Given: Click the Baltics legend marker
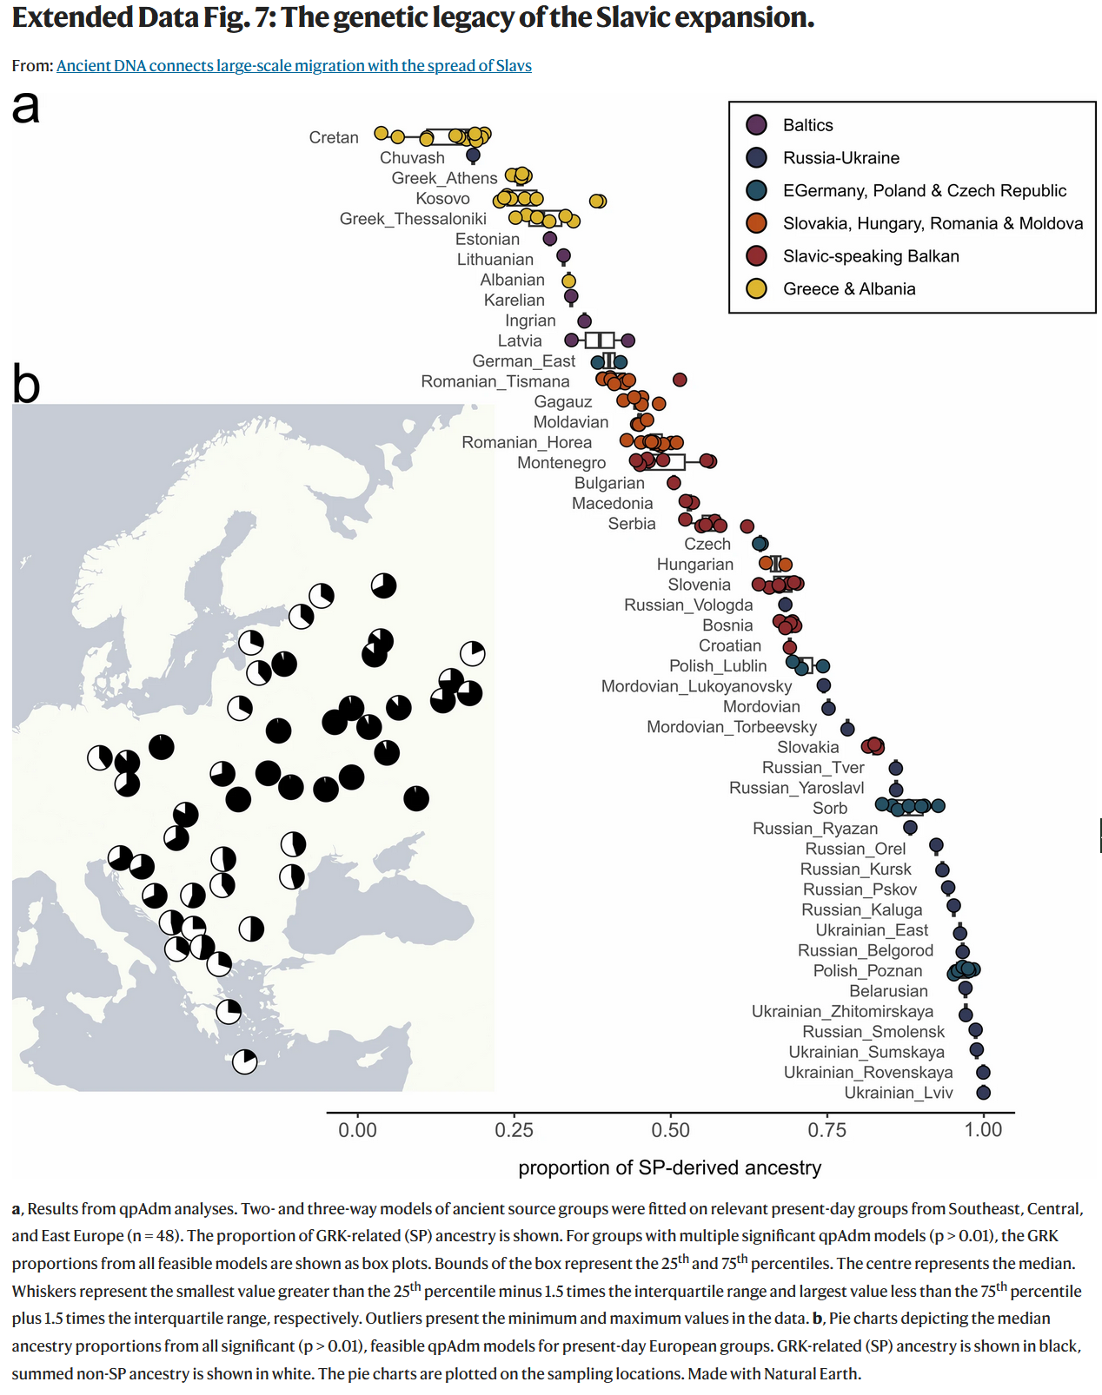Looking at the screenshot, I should (x=756, y=125).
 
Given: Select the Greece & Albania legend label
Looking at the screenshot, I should (x=849, y=289).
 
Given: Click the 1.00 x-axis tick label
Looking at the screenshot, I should (x=983, y=1129).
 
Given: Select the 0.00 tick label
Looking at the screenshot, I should (x=357, y=1129).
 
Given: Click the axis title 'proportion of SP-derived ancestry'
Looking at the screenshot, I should (x=669, y=1167).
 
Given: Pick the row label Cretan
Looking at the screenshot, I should (x=334, y=137).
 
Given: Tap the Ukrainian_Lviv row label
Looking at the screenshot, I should (x=899, y=1093).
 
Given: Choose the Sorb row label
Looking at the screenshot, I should (x=830, y=809).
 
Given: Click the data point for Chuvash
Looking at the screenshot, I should (x=473, y=155).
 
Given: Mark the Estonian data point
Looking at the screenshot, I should (x=549, y=238).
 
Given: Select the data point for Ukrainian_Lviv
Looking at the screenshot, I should (x=983, y=1093).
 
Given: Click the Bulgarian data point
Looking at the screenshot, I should (x=674, y=482).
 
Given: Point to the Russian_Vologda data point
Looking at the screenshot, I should (x=785, y=604).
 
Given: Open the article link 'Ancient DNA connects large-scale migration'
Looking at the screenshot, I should (x=294, y=66).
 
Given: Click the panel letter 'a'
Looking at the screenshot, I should (x=26, y=108).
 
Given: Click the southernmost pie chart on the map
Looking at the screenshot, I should (x=245, y=1061).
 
